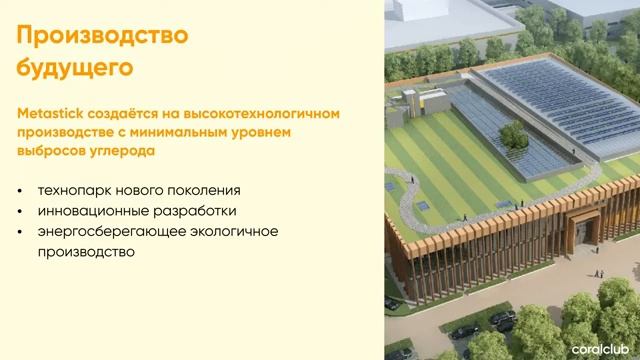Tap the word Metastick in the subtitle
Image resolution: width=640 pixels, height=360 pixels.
point(49,114)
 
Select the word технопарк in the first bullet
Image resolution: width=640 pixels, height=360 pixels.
point(72,189)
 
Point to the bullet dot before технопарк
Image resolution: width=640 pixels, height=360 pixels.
point(22,190)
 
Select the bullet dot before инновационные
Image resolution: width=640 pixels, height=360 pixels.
point(22,211)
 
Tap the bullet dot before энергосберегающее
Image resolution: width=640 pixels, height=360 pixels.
point(22,233)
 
